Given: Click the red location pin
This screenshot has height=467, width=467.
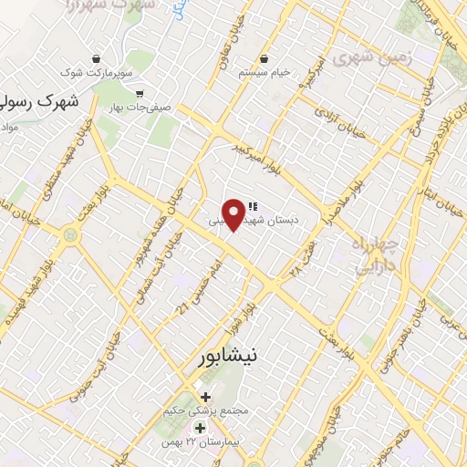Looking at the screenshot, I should pyautogui.click(x=235, y=213).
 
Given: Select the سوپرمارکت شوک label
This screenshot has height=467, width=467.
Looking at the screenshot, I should pyautogui.click(x=98, y=71).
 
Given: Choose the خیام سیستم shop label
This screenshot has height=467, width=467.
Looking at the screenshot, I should pyautogui.click(x=264, y=71).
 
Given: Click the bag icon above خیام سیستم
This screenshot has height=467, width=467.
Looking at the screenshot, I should pyautogui.click(x=265, y=57).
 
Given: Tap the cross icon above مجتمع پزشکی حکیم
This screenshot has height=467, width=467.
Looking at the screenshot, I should pyautogui.click(x=205, y=397).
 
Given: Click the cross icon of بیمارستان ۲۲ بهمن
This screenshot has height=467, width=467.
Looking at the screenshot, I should pyautogui.click(x=200, y=428).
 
